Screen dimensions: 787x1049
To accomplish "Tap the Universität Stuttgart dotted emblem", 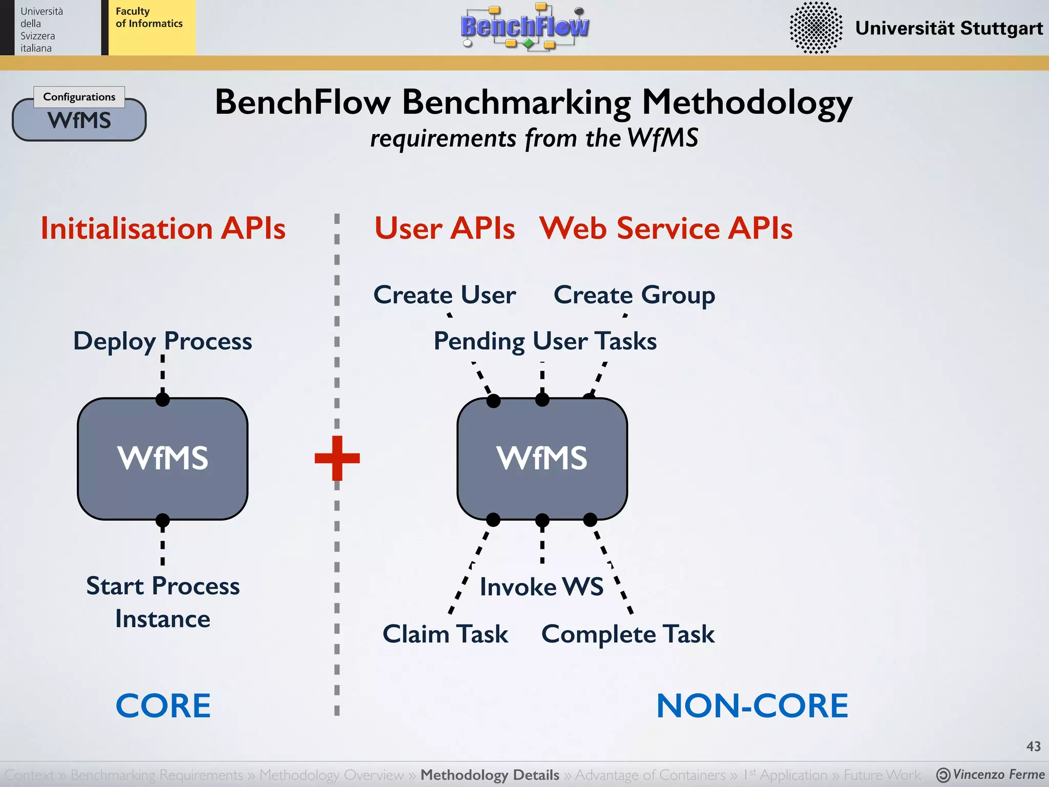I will (815, 28).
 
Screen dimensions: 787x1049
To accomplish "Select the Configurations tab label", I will (79, 97).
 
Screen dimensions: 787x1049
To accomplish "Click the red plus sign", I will (337, 458).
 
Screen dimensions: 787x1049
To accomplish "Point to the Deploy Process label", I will (162, 341).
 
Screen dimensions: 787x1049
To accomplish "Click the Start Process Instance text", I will (162, 602).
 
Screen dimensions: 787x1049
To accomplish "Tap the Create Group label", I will (634, 295).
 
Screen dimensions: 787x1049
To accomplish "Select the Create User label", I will (445, 295).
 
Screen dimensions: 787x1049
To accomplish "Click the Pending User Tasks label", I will (545, 341).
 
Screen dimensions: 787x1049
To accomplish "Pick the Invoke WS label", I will (541, 587).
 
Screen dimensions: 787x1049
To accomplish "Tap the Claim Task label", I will (445, 634).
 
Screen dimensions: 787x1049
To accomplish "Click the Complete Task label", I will (627, 634).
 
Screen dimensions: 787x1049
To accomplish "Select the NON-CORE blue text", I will (752, 706).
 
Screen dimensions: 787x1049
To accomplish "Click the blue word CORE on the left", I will (163, 706).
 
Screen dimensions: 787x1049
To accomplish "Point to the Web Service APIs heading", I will (666, 228).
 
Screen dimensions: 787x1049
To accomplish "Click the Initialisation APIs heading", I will (163, 228).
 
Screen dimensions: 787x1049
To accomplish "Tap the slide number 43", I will (1033, 746).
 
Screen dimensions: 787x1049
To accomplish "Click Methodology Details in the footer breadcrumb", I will (490, 775).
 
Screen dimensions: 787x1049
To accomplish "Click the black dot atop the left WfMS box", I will (162, 399).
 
